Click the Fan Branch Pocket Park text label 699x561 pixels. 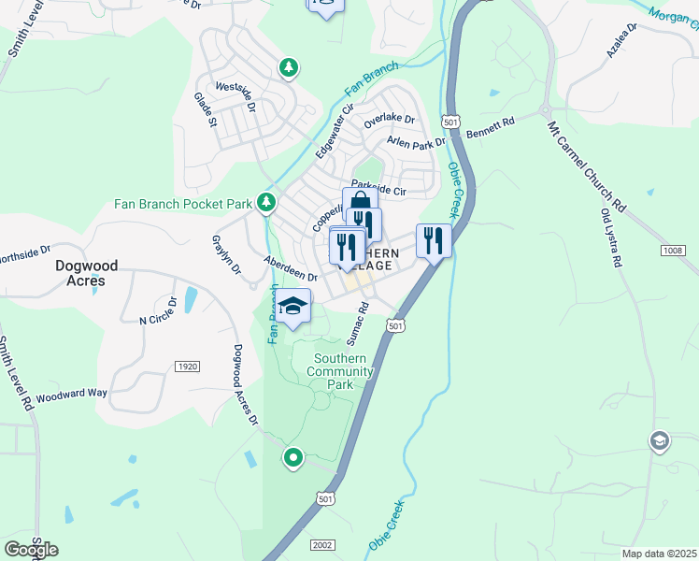click(183, 203)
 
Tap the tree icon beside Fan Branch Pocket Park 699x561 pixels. click(267, 202)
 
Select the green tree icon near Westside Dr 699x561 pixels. click(290, 66)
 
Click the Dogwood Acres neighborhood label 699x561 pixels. click(86, 273)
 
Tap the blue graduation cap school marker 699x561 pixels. click(293, 306)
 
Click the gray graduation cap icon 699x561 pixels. click(660, 439)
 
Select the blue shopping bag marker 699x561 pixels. click(360, 204)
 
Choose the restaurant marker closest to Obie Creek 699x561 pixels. click(434, 239)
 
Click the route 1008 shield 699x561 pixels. click(672, 250)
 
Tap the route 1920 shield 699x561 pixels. click(186, 366)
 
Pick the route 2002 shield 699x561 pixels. click(322, 544)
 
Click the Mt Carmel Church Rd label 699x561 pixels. click(586, 165)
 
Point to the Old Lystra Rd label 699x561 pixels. click(610, 237)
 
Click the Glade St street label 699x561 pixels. click(205, 109)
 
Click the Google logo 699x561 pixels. click(31, 549)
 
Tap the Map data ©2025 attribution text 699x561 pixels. click(659, 554)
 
